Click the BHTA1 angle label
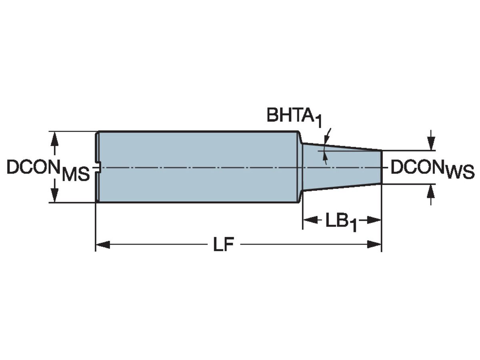click(x=294, y=117)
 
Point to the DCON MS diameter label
click(x=48, y=170)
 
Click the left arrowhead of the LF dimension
click(x=102, y=244)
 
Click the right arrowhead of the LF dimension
click(x=374, y=244)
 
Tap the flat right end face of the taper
click(x=381, y=167)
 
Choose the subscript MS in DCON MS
click(x=76, y=175)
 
